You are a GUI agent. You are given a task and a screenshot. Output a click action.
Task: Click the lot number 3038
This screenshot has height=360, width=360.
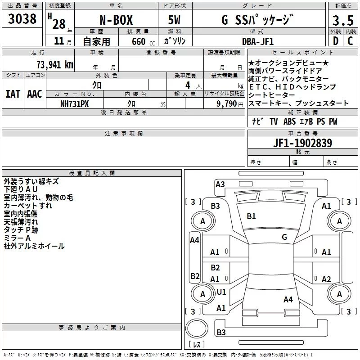(22, 19)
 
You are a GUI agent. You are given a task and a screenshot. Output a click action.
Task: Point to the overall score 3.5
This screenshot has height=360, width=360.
(343, 21)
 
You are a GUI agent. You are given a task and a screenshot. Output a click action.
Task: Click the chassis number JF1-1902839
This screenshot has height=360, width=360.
(302, 144)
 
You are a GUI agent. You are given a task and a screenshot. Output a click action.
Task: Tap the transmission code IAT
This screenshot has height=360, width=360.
(13, 94)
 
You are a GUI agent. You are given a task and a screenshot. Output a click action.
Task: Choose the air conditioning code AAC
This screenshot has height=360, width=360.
(35, 94)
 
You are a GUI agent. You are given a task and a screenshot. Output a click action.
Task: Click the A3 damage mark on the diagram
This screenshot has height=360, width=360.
(220, 184)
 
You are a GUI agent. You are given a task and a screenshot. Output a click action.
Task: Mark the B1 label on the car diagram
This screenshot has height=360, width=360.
(251, 216)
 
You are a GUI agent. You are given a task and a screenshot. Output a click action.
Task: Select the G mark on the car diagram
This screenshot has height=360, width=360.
(284, 237)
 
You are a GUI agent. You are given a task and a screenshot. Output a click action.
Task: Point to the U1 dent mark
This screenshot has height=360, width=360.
(221, 292)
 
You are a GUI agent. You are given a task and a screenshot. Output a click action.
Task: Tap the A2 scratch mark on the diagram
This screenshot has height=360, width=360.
(326, 279)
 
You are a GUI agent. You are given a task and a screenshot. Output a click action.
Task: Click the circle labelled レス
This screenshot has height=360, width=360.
(197, 332)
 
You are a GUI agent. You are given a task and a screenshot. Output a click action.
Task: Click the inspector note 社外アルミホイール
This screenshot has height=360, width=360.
(34, 246)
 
